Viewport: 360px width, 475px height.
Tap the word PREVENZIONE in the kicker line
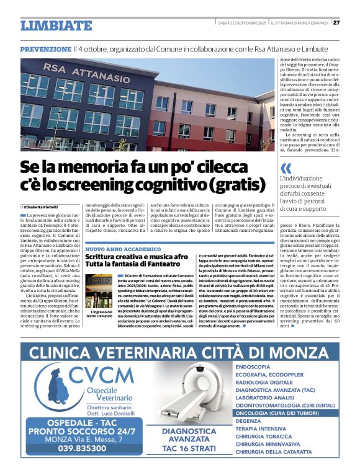[x=46, y=49]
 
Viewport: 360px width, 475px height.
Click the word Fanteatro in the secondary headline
[x=176, y=265]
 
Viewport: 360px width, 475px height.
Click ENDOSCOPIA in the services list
[x=253, y=367]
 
